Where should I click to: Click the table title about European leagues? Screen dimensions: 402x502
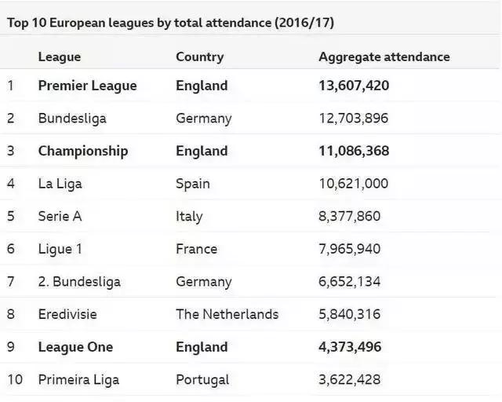[x=171, y=23]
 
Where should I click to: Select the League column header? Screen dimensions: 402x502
[x=59, y=57]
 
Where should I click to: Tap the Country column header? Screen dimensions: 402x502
[x=199, y=57]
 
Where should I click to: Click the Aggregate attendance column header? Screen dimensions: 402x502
[x=384, y=57]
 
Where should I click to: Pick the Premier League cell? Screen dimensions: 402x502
[x=87, y=86]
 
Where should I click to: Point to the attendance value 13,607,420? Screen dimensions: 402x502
[x=354, y=86]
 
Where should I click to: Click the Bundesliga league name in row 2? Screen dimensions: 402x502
[x=71, y=119]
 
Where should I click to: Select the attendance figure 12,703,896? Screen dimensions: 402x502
[x=353, y=119]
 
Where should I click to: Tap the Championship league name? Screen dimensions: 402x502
[x=82, y=151]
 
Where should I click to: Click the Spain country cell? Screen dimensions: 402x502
[x=192, y=184]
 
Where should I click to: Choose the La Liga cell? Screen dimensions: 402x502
[x=60, y=184]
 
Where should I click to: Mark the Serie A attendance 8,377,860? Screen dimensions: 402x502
[x=349, y=217]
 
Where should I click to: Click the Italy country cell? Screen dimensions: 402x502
[x=189, y=217]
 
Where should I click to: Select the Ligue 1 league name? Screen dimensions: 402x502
[x=60, y=249]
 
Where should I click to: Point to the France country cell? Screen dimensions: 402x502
[x=196, y=249]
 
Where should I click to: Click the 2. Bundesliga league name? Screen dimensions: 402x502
[x=79, y=282]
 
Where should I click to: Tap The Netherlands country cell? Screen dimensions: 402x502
[x=227, y=314]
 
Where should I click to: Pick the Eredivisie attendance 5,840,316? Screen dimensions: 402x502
[x=349, y=314]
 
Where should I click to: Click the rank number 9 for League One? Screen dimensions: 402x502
[x=11, y=347]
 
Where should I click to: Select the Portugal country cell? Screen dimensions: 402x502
[x=202, y=380]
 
